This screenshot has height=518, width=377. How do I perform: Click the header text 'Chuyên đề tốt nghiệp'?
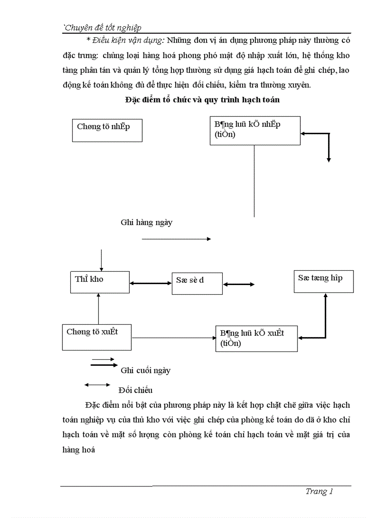[x=102, y=28]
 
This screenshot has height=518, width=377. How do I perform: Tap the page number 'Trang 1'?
[x=319, y=491]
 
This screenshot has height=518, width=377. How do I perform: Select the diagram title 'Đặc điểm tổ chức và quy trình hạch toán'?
[x=202, y=99]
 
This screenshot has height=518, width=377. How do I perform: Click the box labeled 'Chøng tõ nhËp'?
[x=107, y=130]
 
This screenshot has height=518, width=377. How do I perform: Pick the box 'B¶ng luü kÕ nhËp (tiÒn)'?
[x=255, y=131]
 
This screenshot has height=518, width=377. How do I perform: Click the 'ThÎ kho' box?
[x=100, y=282]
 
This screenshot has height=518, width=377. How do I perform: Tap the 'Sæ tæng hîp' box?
[x=323, y=281]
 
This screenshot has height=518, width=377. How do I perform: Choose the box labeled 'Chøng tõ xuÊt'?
[x=97, y=337]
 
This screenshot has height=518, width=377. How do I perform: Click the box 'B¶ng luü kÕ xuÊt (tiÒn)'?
[x=256, y=339]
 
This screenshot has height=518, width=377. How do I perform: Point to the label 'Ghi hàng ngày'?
[x=146, y=222]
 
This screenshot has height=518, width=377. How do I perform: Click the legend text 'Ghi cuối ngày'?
[x=146, y=370]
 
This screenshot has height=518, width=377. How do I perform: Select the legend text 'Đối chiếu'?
[x=135, y=390]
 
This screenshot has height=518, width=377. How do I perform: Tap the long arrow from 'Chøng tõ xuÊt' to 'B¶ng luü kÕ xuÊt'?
[x=174, y=338]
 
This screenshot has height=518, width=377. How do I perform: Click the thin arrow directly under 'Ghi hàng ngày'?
[x=176, y=239]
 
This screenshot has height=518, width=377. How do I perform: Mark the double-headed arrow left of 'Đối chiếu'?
[x=97, y=384]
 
